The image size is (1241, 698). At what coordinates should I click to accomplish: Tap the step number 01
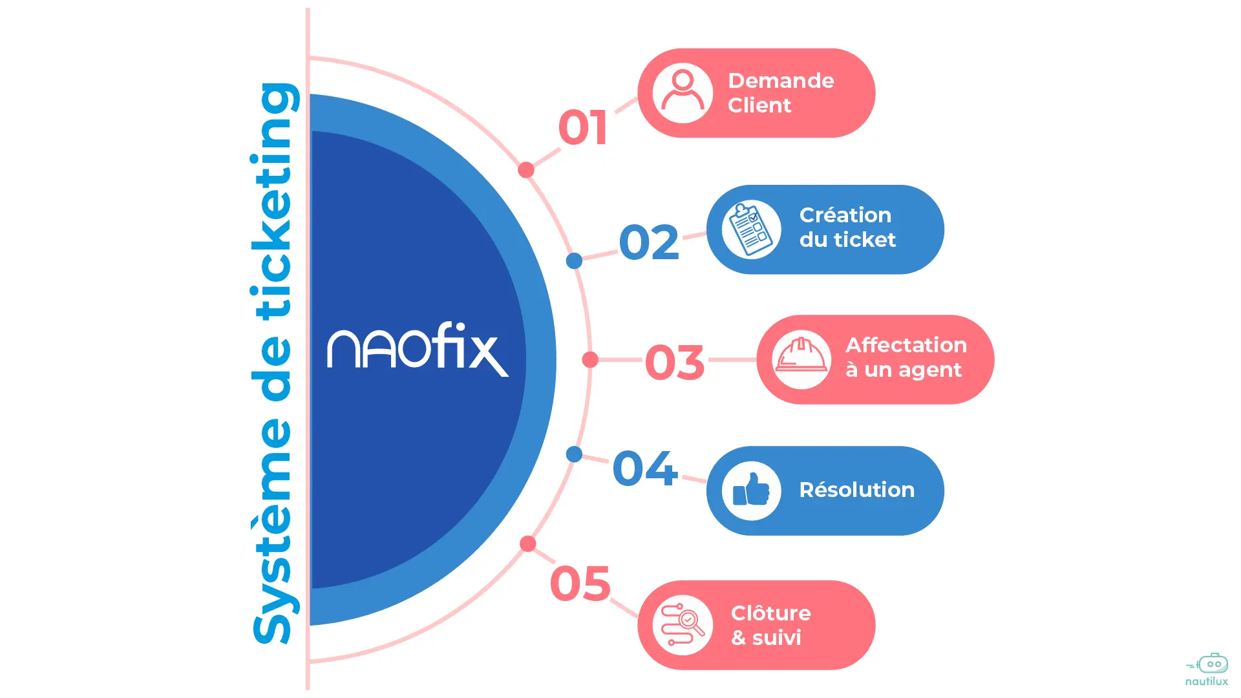[x=583, y=127]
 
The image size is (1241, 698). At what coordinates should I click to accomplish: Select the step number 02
[x=649, y=242]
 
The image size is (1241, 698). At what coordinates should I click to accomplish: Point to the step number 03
[x=675, y=362]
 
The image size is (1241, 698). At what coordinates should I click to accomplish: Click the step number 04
[x=644, y=469]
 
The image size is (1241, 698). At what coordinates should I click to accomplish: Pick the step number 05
[x=580, y=584]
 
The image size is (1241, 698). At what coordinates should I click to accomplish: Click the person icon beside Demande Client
[x=683, y=93]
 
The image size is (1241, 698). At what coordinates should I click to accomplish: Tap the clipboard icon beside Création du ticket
[x=751, y=229]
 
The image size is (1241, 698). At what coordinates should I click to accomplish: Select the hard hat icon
[x=801, y=359]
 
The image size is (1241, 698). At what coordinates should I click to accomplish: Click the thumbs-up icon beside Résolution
[x=751, y=491]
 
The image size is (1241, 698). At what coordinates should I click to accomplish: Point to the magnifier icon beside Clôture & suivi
[x=683, y=625]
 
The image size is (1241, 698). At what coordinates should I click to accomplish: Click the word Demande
[x=781, y=81]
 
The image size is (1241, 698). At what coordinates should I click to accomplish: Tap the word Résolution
[x=856, y=490]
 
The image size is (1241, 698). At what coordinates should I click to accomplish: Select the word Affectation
[x=906, y=345]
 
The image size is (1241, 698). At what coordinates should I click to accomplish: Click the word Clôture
[x=770, y=613]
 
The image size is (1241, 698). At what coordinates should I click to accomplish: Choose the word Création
[x=845, y=215]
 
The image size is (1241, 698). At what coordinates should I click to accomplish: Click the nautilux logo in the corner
[x=1207, y=670]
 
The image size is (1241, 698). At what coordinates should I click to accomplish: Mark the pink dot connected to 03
[x=590, y=360]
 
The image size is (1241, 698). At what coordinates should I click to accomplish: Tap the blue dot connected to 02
[x=574, y=261]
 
